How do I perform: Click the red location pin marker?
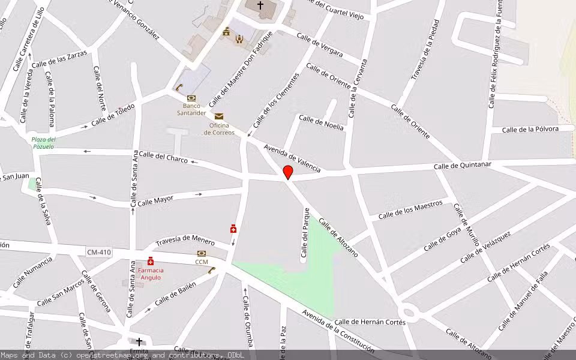pyautogui.click(x=288, y=172)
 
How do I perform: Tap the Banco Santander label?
pyautogui.click(x=191, y=109)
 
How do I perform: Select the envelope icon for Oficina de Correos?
pyautogui.click(x=219, y=116)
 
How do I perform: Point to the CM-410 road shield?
pyautogui.click(x=98, y=252)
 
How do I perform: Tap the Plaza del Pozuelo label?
pyautogui.click(x=43, y=143)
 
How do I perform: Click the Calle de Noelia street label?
pyautogui.click(x=321, y=122)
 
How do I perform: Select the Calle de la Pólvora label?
pyautogui.click(x=530, y=129)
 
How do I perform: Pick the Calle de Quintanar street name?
pyautogui.click(x=463, y=165)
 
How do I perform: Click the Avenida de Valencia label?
pyautogui.click(x=292, y=158)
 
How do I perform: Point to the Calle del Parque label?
pyautogui.click(x=306, y=232)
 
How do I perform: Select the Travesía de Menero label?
pyautogui.click(x=185, y=240)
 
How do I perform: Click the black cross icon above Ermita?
pyautogui.click(x=139, y=341)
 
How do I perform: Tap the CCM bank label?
pyautogui.click(x=202, y=262)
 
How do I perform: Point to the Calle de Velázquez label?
pyautogui.click(x=485, y=247)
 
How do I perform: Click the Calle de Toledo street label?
pyautogui.click(x=113, y=115)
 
